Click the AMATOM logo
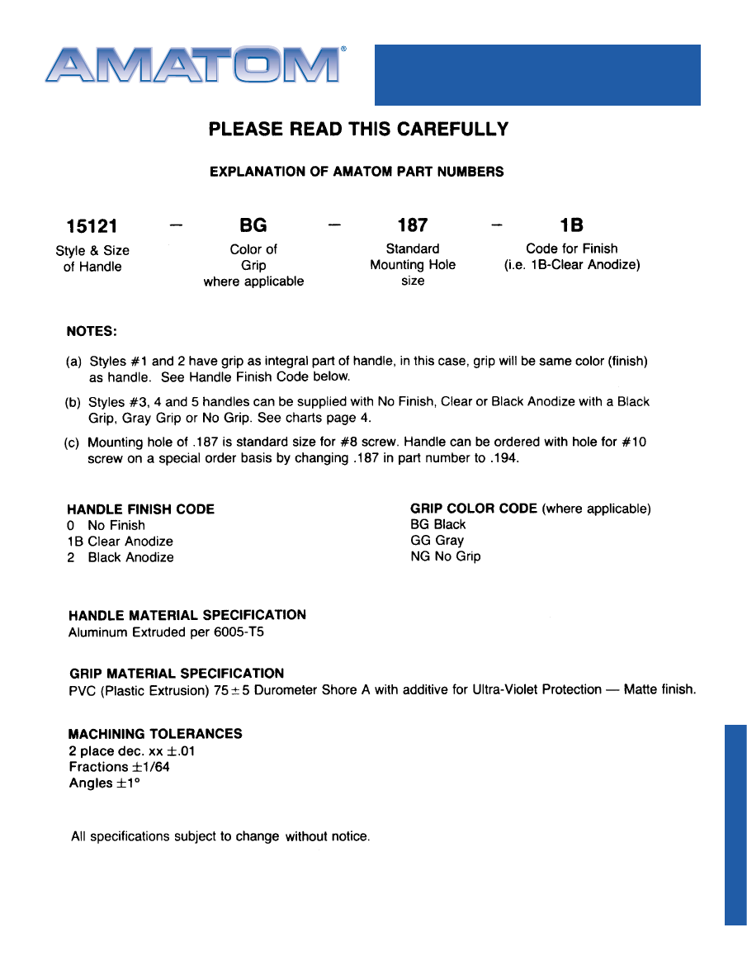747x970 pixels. pos(194,64)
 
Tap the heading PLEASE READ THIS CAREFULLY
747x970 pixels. pos(358,130)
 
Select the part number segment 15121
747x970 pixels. pos(92,225)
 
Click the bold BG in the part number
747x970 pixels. pos(253,225)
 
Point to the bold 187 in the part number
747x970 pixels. pos(413,225)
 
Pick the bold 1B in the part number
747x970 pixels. pos(572,225)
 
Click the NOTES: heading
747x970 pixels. pos(92,331)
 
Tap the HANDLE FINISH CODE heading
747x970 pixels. pos(140,509)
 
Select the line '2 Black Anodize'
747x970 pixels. pos(121,557)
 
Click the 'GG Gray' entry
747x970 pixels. pos(437,541)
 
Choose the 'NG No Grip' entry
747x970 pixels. pos(445,556)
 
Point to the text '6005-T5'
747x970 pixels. pos(238,632)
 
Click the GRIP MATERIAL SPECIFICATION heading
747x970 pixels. pos(176,673)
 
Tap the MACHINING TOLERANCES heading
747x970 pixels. pos(155,734)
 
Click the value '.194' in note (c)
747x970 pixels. pos(504,458)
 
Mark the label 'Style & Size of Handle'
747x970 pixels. pos(92,258)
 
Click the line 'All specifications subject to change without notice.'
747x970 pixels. pos(220,836)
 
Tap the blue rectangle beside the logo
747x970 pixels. pos(537,75)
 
